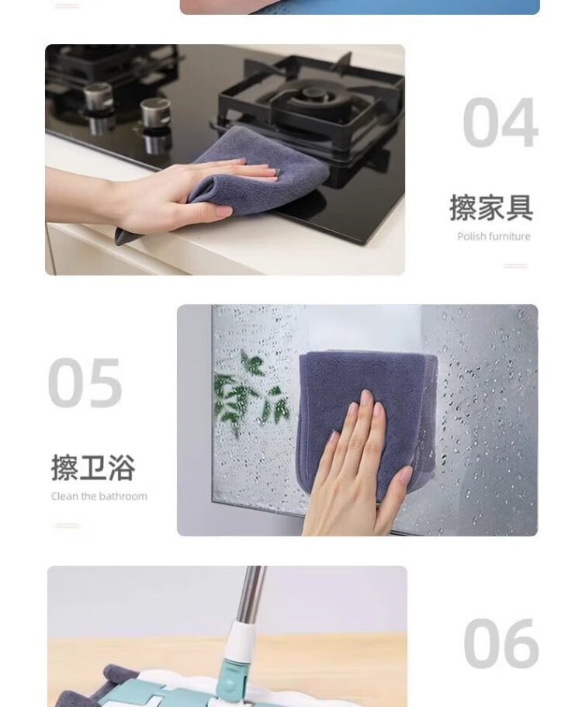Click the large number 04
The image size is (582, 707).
[501, 122]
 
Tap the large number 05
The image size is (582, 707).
[85, 383]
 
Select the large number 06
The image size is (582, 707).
[501, 643]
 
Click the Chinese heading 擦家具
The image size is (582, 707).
[491, 208]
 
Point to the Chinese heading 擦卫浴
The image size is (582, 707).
[93, 468]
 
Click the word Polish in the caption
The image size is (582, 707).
[472, 236]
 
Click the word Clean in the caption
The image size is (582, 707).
[64, 496]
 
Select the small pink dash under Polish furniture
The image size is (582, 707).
[516, 265]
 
